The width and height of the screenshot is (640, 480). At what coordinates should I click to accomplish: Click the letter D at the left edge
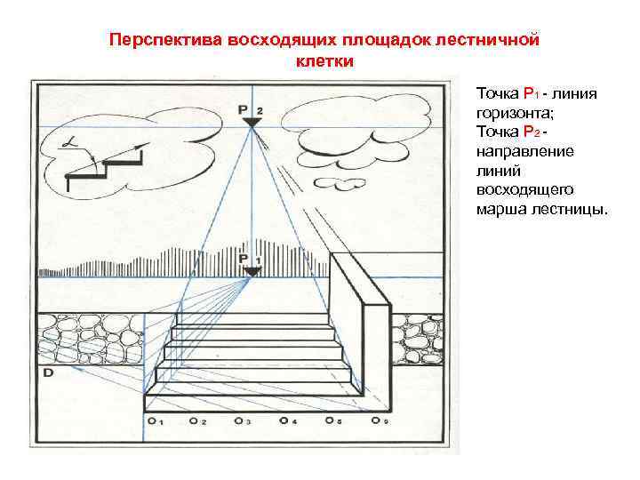point(47,374)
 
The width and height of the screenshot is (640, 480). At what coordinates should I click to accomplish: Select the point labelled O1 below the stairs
point(152,420)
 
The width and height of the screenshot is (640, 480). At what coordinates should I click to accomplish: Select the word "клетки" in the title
point(324,62)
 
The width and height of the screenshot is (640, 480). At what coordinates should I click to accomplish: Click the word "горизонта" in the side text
point(511,114)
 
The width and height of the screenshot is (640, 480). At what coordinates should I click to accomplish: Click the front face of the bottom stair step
point(253,401)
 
